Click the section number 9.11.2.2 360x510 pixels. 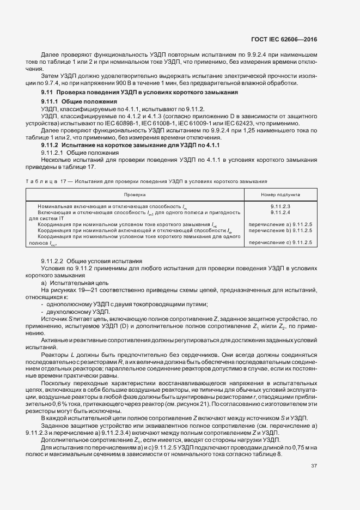pos(53,261)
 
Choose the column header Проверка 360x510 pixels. pos(135,194)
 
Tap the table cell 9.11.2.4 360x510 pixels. pos(280,212)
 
